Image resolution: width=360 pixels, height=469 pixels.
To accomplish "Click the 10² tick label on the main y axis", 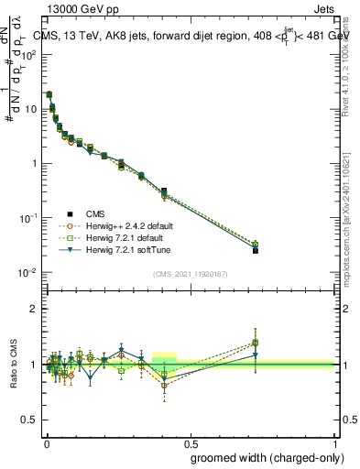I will coord(28,54).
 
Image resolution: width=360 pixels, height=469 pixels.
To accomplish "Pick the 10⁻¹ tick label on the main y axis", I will coord(28,218).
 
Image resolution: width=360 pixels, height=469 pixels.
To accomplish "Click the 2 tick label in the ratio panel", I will coord(34,309).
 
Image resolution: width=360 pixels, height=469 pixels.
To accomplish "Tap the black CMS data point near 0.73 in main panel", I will coord(256,250).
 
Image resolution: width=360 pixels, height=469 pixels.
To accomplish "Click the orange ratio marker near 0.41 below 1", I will coord(164,386).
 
